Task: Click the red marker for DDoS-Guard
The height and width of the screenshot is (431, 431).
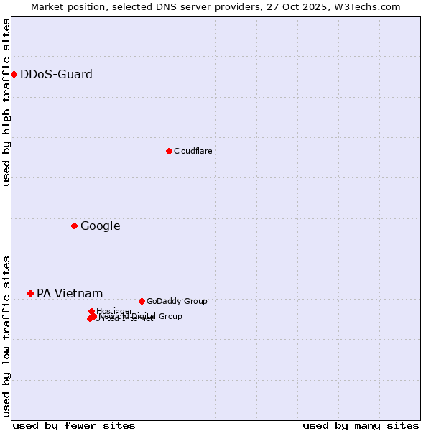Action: click(x=14, y=74)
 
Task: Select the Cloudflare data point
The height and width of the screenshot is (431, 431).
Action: click(x=169, y=151)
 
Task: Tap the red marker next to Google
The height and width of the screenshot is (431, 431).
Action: click(x=74, y=226)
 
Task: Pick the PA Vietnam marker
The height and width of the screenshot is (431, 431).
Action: click(x=30, y=293)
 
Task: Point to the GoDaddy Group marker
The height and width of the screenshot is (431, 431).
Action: click(x=142, y=301)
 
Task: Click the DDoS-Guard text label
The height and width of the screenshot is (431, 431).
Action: click(x=56, y=74)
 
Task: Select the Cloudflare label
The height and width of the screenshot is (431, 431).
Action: click(x=193, y=151)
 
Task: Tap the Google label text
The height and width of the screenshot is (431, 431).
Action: click(x=100, y=226)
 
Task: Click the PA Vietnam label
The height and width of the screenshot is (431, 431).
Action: click(x=70, y=293)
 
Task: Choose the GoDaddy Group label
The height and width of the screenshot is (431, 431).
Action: click(x=176, y=301)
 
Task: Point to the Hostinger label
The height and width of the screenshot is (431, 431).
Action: click(x=114, y=311)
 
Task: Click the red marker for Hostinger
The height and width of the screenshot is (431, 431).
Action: click(x=91, y=311)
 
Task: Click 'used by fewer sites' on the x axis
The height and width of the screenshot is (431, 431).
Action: click(x=74, y=425)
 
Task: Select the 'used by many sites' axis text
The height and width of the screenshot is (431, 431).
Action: click(x=361, y=425)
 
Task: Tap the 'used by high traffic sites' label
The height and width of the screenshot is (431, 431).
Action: click(x=7, y=103)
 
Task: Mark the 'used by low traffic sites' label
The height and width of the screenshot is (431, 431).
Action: click(x=7, y=336)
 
